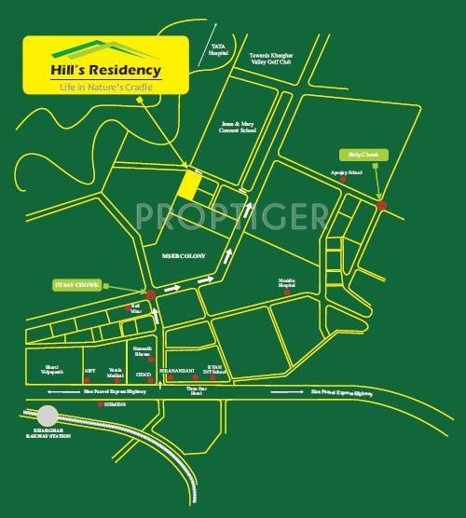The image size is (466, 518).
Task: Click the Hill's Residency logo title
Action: click(106, 69)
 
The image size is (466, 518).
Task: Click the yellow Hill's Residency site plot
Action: click(189, 184)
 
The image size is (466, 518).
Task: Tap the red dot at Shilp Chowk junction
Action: click(381, 206)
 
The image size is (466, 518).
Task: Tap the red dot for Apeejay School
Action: click(344, 181)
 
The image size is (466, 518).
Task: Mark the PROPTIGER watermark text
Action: click(231, 216)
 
